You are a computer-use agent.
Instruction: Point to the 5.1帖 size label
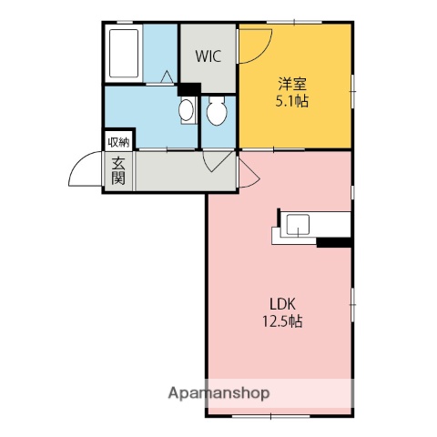click(292, 102)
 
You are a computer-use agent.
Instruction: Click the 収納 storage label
click(118, 142)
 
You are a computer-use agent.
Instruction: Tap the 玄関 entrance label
click(118, 171)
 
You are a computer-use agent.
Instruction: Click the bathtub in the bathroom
click(122, 55)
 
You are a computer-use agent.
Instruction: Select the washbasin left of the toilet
click(186, 112)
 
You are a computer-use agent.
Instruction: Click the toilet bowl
click(217, 112)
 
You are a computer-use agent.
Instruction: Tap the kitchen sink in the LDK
click(300, 225)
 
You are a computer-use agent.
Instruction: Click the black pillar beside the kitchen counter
click(333, 242)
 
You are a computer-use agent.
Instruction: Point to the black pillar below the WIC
click(189, 89)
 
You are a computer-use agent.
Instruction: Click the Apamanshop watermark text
click(218, 393)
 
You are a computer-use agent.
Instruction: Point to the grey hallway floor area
click(173, 170)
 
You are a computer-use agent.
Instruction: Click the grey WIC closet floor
click(208, 73)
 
